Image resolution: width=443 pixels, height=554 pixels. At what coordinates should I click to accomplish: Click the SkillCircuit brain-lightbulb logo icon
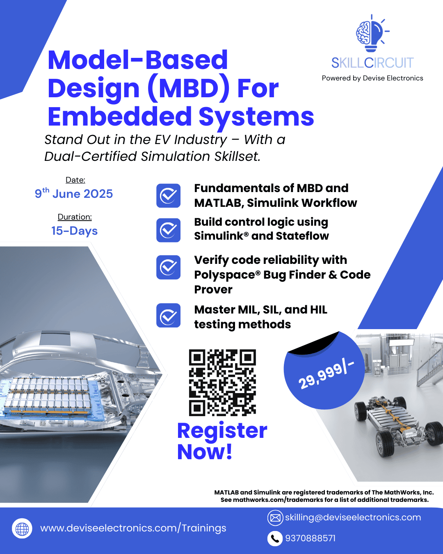pyautogui.click(x=372, y=33)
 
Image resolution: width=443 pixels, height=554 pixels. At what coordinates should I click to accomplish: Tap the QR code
pyautogui.click(x=222, y=382)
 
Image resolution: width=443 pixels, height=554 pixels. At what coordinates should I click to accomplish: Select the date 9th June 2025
pyautogui.click(x=74, y=193)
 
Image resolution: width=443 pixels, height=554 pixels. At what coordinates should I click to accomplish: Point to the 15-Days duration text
pyautogui.click(x=74, y=231)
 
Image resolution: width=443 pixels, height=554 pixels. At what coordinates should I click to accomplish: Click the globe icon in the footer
pyautogui.click(x=22, y=528)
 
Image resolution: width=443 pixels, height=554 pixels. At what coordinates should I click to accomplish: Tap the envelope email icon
pyautogui.click(x=275, y=518)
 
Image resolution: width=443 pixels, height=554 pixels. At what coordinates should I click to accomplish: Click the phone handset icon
pyautogui.click(x=275, y=538)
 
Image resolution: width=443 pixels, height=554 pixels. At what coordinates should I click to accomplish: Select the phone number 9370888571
pyautogui.click(x=311, y=538)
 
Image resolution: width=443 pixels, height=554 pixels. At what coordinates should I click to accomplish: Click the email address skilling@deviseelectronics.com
pyautogui.click(x=353, y=517)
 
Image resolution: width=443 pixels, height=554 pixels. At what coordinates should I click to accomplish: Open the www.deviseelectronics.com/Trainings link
pyautogui.click(x=133, y=528)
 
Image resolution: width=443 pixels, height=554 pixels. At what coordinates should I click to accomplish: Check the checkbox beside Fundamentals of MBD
pyautogui.click(x=168, y=196)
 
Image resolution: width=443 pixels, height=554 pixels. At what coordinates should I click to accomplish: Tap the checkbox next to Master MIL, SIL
pyautogui.click(x=168, y=315)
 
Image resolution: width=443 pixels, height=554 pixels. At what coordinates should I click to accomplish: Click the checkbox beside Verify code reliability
pyautogui.click(x=168, y=267)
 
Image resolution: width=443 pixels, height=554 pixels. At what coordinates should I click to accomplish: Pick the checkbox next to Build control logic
pyautogui.click(x=168, y=230)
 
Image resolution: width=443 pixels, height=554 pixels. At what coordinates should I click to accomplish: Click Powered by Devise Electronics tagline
pyautogui.click(x=372, y=78)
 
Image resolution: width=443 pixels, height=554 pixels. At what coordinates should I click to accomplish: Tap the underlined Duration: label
pyautogui.click(x=75, y=217)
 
